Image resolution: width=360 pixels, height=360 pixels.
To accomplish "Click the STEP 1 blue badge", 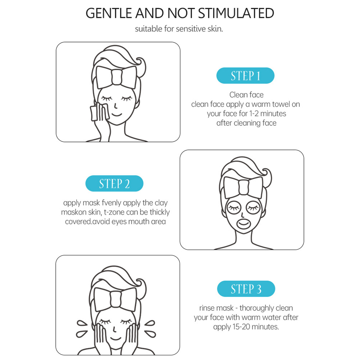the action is pyautogui.click(x=245, y=75).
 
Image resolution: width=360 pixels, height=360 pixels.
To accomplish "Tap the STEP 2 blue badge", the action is pyautogui.click(x=114, y=184).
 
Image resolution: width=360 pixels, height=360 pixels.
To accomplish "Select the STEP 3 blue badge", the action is pyautogui.click(x=246, y=289).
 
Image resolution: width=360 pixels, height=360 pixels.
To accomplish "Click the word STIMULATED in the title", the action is pyautogui.click(x=236, y=13).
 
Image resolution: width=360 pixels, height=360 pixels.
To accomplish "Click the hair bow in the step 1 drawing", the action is pyautogui.click(x=116, y=77).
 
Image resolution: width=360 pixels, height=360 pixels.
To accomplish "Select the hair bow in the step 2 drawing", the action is pyautogui.click(x=244, y=187).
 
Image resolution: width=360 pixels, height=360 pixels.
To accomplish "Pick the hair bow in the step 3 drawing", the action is pyautogui.click(x=115, y=299).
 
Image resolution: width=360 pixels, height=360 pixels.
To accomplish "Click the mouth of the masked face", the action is pyautogui.click(x=243, y=224).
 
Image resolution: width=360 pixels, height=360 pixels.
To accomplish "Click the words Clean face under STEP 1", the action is pyautogui.click(x=246, y=95).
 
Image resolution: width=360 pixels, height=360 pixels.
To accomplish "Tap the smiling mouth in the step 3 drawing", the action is pyautogui.click(x=116, y=339).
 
